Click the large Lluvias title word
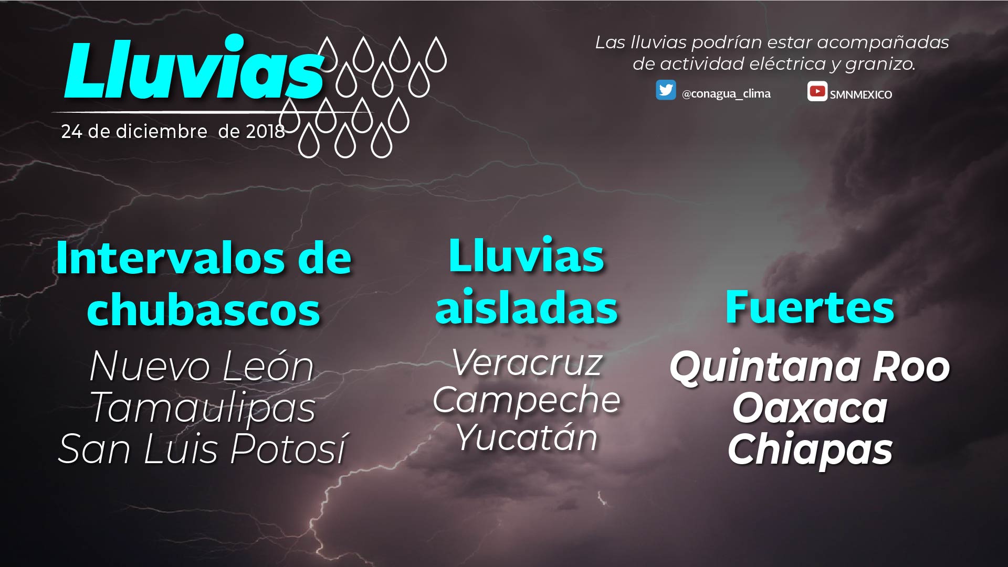193,68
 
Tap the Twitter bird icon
666,90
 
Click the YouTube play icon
817,91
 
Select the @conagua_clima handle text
726,94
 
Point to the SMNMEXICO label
861,94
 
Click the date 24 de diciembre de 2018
173,131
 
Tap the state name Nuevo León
202,366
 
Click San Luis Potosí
203,448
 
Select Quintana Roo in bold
810,367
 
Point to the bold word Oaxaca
810,408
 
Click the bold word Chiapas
810,450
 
